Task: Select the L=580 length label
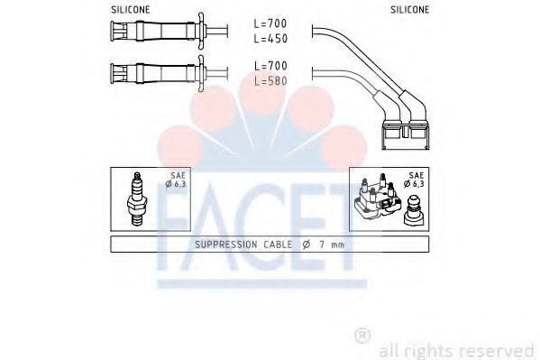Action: (x=270, y=81)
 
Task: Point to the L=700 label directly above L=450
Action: (x=270, y=23)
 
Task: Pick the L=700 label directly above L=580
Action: (x=270, y=66)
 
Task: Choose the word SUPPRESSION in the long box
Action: (x=227, y=244)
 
